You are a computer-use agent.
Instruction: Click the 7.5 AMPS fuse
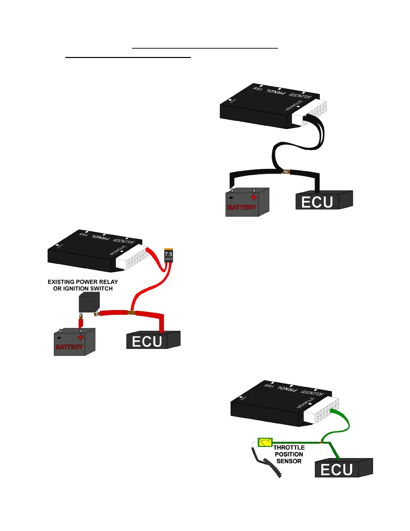[x=168, y=256]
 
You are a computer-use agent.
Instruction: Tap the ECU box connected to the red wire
[x=153, y=340]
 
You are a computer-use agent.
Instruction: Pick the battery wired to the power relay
[x=74, y=342]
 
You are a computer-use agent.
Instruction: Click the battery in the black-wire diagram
[x=247, y=202]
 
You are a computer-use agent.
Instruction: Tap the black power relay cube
[x=89, y=302]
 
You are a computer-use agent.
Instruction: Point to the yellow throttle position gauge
[x=265, y=442]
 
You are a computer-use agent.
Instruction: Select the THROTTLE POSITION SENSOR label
[x=289, y=454]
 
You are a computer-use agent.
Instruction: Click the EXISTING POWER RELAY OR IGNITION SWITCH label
[x=83, y=285]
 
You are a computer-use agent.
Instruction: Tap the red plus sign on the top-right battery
[x=254, y=197]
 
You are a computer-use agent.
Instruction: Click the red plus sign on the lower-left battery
[x=80, y=337]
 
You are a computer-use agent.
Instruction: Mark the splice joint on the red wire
[x=131, y=313]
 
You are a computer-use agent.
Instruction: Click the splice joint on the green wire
[x=321, y=442]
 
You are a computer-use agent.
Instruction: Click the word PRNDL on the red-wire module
[x=101, y=237]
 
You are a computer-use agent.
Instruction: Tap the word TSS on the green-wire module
[x=269, y=386]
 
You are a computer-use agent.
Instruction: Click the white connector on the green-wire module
[x=321, y=411]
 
